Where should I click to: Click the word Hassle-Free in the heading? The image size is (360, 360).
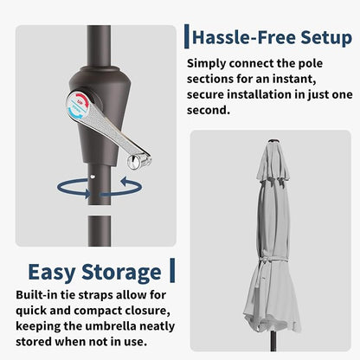coord(244,38)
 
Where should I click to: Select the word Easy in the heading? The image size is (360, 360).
coord(52,273)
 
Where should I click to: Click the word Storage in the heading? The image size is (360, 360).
coord(121,273)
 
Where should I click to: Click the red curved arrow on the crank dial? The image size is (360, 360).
coord(80,97)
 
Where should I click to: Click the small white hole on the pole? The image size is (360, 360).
coord(92,176)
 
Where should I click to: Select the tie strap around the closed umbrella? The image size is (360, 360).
coord(273,261)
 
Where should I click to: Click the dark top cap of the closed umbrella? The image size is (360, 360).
coord(273,141)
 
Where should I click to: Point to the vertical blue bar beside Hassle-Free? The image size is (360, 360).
coord(187,36)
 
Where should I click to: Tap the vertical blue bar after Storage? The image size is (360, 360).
coord(172,270)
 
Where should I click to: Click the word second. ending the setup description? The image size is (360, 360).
coord(209,110)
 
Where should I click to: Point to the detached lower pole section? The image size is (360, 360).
coord(100,231)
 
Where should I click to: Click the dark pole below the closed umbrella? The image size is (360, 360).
coord(273,341)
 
